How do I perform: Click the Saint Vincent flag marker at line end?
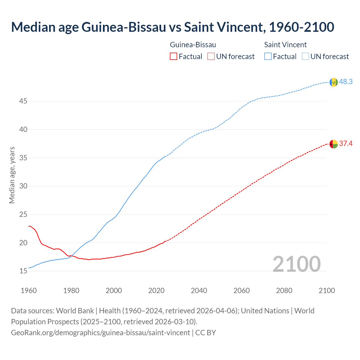[x=334, y=82]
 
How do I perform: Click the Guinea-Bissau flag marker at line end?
[x=334, y=144]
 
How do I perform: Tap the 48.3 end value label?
[x=346, y=82]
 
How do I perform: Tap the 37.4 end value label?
[x=346, y=143]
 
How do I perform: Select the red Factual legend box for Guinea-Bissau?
[x=174, y=56]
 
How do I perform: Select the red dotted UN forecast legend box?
[x=211, y=56]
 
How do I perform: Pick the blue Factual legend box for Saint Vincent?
[x=268, y=56]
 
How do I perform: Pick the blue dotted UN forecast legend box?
[x=305, y=56]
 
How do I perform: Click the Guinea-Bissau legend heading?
[x=193, y=45]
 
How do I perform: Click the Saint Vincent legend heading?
[x=285, y=45]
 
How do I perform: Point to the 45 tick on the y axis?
[x=23, y=101]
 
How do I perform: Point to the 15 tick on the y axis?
[x=23, y=271]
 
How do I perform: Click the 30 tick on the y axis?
[x=23, y=186]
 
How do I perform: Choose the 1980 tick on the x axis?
[x=71, y=291]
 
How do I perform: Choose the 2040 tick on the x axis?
[x=199, y=291]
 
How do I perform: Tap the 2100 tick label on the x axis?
[x=327, y=291]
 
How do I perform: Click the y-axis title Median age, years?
[x=12, y=175]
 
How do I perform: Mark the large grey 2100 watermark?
[x=296, y=264]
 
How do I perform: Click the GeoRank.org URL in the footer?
[x=100, y=333]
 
